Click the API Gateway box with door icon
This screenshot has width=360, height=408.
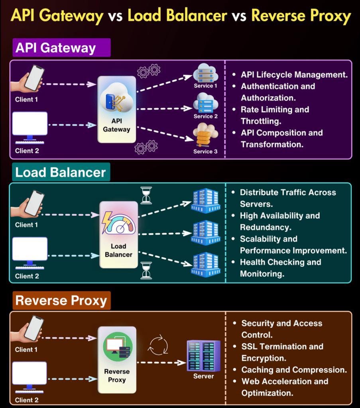point(117,109)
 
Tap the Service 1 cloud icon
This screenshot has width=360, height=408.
point(205,75)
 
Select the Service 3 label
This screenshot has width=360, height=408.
point(205,151)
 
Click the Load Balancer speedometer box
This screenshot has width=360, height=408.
point(118,234)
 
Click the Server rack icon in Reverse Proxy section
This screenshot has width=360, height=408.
point(204,355)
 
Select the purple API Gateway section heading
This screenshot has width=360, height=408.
point(61,48)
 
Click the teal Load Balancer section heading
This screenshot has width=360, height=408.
point(60,173)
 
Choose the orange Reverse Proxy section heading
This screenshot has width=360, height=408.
point(61,300)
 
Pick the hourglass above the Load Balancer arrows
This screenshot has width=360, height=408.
point(146,195)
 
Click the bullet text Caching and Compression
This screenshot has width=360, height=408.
point(294,370)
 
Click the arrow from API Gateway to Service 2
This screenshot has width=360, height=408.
point(165,108)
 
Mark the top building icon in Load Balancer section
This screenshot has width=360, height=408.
point(205,202)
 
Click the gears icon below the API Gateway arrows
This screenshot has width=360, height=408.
point(146,147)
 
